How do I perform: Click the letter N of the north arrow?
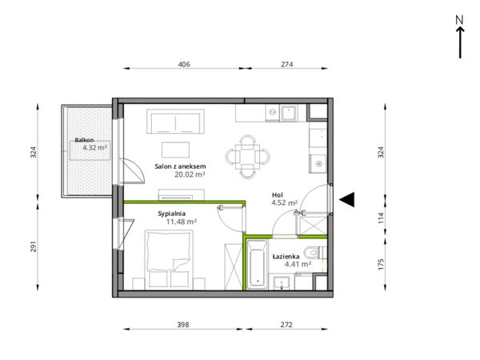tap(459, 20)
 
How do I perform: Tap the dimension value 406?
tap(184, 64)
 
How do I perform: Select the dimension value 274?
tap(287, 64)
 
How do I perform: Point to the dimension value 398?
tap(183, 325)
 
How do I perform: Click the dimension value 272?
tap(286, 325)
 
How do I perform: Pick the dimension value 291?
tap(33, 246)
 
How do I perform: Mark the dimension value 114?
tap(381, 218)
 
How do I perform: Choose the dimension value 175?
tap(381, 265)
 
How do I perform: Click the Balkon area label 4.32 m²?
tap(94, 148)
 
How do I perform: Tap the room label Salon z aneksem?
tap(180, 167)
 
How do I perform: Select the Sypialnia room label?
tap(172, 214)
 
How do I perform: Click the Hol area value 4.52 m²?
tap(284, 202)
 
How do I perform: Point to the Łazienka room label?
tap(286, 257)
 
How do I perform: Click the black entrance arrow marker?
tap(347, 199)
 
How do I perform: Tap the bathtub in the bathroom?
tap(257, 265)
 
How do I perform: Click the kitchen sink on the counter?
tap(289, 113)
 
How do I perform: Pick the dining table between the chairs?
tap(248, 157)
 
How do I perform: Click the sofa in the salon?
tap(175, 122)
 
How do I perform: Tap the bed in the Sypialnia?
tap(169, 259)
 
